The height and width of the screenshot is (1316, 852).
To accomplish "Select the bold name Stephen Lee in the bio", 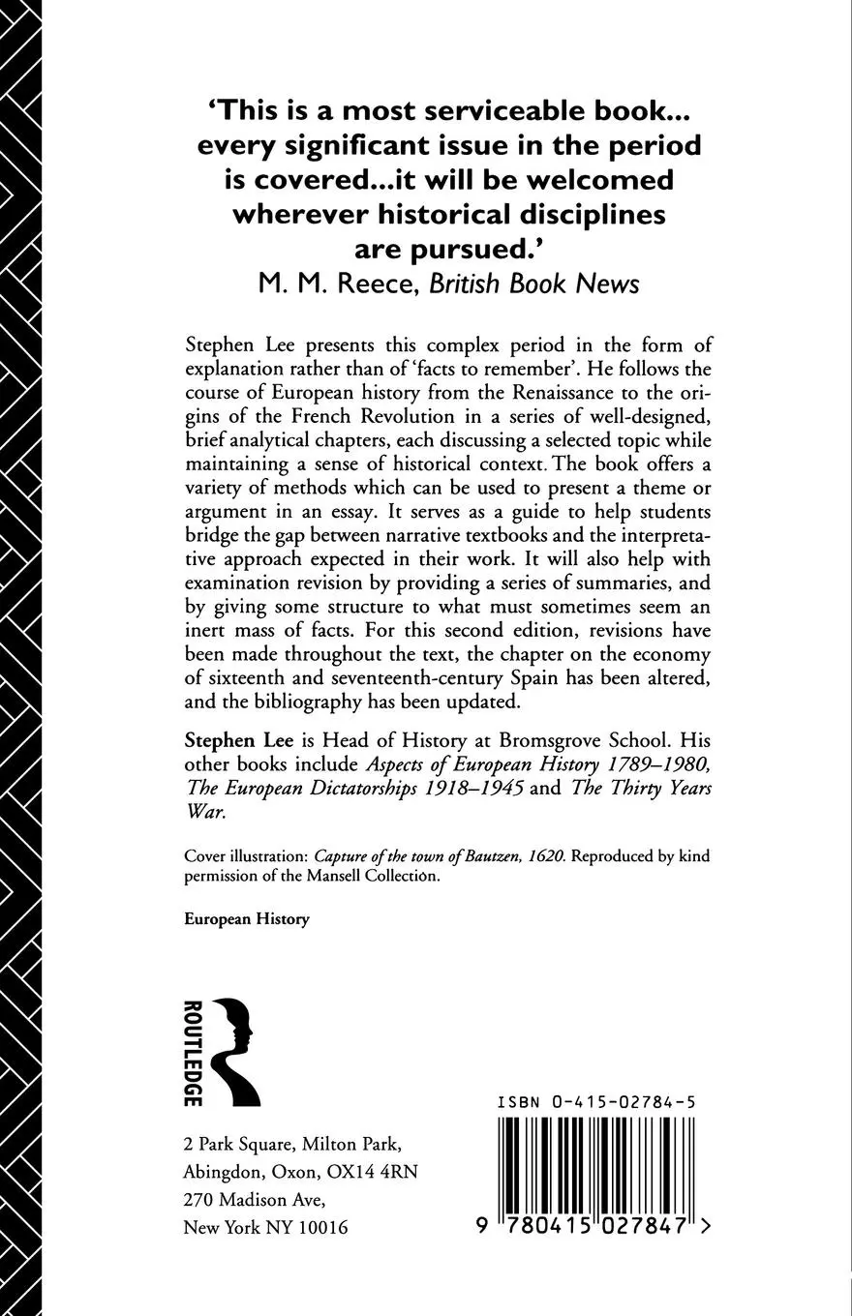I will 229,741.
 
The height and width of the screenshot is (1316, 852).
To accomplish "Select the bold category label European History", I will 247,919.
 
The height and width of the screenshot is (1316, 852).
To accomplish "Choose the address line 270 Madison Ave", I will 255,1199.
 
